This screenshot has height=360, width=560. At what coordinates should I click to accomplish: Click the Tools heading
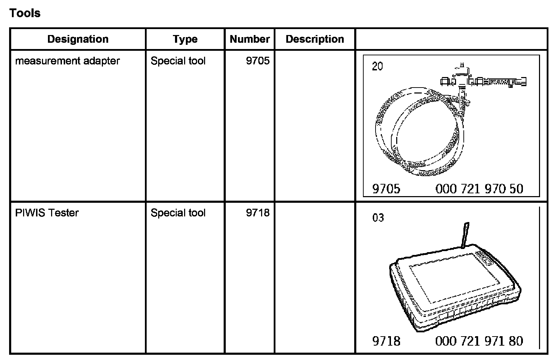25,13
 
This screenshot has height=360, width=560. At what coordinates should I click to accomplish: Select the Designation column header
78,39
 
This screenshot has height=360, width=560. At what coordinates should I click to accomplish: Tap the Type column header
185,39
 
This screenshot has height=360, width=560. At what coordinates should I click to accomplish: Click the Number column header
250,39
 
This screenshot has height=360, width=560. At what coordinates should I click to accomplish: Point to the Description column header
315,39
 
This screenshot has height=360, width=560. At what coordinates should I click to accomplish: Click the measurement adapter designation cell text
67,61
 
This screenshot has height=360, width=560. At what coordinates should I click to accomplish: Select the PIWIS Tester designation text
47,213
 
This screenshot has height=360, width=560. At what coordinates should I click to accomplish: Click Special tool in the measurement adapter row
178,61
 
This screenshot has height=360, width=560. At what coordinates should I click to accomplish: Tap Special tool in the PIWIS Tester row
178,213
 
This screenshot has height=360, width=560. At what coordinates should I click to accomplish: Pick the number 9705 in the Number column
258,61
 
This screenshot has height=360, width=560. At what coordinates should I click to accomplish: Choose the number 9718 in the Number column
258,213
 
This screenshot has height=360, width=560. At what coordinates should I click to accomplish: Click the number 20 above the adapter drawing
377,67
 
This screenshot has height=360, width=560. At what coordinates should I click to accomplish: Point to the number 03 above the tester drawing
378,218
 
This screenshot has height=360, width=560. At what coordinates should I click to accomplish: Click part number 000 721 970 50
479,189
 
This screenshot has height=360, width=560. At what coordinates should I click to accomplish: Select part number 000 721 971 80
479,341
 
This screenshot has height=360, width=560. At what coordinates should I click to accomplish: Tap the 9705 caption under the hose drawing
386,189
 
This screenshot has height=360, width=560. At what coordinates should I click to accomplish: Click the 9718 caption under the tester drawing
386,341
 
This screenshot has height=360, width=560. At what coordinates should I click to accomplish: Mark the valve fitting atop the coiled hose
462,82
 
